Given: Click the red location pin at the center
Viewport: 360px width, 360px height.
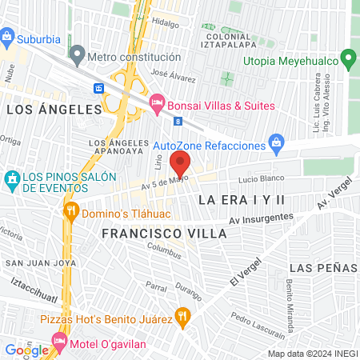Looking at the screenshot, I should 180,163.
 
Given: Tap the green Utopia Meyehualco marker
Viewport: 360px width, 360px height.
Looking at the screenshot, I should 348,59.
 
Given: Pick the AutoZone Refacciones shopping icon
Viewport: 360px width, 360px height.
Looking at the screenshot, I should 277,145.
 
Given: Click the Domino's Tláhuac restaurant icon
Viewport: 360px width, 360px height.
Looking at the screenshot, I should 70,210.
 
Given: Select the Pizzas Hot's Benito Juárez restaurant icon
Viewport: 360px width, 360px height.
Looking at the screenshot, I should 183,317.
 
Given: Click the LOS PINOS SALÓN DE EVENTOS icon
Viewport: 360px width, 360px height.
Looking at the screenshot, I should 12,177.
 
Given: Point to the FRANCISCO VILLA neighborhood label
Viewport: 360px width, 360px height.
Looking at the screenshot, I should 165,233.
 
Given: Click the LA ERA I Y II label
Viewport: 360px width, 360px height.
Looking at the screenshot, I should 241,198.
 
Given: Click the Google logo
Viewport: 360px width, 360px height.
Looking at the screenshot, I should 26,350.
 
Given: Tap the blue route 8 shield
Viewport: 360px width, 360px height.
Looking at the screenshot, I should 177,121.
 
